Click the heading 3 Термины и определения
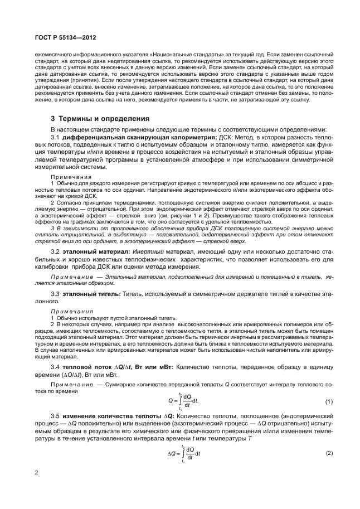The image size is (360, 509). pos(92,119)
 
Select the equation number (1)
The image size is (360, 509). pos(328,402)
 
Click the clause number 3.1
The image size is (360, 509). pos(55,137)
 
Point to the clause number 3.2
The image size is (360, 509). pos(55,253)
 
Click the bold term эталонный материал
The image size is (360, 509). pos(91,253)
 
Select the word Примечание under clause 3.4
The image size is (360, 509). pos(70,385)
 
